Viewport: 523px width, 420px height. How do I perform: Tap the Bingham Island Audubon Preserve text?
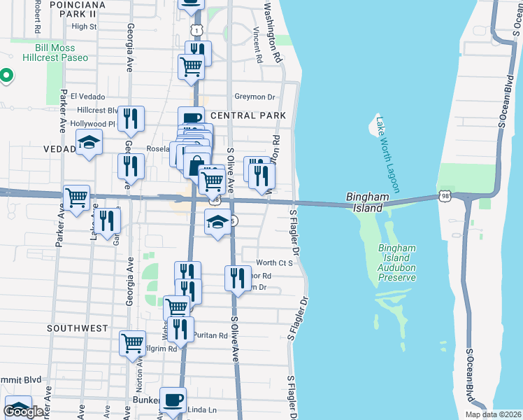tap(397, 262)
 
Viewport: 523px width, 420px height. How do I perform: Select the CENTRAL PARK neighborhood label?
tap(248, 115)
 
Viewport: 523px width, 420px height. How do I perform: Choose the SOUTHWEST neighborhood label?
tap(78, 328)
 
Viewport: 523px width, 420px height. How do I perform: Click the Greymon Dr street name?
tap(255, 97)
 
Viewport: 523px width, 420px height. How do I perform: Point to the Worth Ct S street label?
tap(273, 262)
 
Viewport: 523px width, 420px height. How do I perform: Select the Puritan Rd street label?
tap(210, 335)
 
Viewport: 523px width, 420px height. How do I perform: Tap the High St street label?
tap(84, 27)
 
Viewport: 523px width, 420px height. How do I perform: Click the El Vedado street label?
tap(87, 97)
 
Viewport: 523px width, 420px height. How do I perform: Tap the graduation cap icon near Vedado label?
tap(89, 143)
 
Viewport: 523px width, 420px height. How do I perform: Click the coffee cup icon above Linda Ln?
tap(173, 400)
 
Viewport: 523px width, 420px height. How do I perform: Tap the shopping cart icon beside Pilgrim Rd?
tap(132, 343)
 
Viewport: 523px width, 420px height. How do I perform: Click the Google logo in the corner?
tap(23, 412)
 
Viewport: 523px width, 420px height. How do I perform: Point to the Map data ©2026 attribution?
tap(484, 414)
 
